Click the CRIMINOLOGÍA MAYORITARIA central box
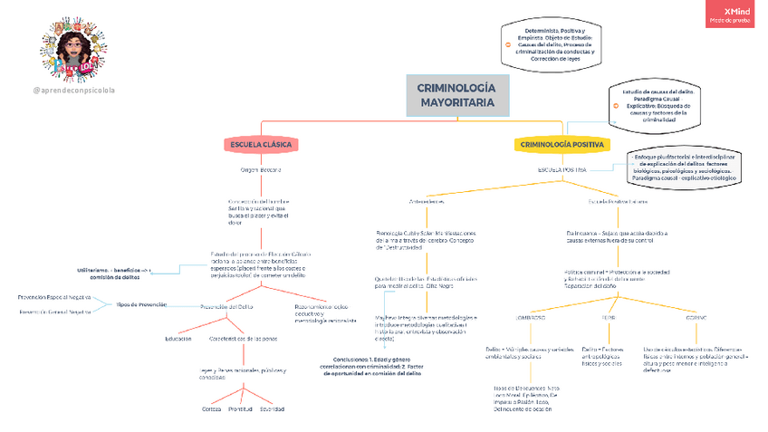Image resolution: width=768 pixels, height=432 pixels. coord(457,96)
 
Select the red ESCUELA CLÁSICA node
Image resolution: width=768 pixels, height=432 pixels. coord(262,145)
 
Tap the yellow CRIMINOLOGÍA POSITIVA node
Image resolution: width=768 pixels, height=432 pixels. coord(562,145)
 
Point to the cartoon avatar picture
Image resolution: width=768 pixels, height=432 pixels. coord(71,45)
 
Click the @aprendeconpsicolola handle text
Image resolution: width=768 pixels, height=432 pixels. coord(73,91)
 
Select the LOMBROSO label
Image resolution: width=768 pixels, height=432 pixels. coord(531,319)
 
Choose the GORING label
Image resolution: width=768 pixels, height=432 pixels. coord(696,319)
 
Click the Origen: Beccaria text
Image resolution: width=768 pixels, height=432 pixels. coord(261,170)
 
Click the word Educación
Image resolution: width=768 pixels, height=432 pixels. coord(178,339)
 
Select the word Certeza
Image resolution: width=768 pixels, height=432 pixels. coord(211,409)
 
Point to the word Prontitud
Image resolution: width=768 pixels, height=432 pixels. coord(241,409)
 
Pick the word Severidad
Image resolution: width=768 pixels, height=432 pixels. coord(272,409)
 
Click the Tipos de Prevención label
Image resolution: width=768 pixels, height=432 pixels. coord(141,304)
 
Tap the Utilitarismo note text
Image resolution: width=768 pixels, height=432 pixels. coord(114,274)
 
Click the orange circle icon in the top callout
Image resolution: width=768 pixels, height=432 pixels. coord(508,43)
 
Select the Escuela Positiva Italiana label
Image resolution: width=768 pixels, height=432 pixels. coord(618,201)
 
